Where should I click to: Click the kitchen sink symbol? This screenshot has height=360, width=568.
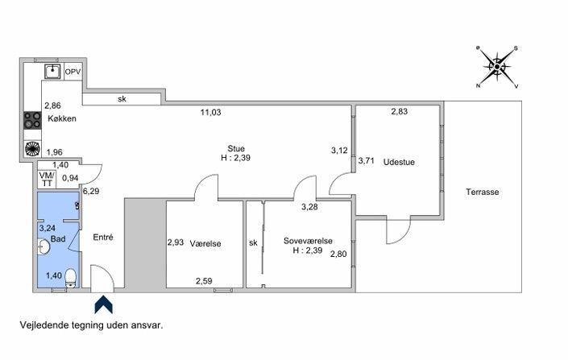pos(52,71)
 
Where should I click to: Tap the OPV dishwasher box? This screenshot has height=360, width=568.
pos(73,72)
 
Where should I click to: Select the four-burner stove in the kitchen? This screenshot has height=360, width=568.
pos(32,120)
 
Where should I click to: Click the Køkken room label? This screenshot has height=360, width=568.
pos(62,118)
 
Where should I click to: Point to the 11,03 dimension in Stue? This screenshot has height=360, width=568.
pos(211,112)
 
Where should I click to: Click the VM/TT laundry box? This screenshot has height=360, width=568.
pos(47,180)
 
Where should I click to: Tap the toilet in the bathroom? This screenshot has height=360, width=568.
pos(71,278)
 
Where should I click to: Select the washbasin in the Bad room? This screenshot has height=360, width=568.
pos(44,247)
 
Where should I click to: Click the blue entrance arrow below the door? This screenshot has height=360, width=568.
pos(104,304)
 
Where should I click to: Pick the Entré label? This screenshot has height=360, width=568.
pos(103,238)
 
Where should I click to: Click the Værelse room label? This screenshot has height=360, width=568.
pos(205,244)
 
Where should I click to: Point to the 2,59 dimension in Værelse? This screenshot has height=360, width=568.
pos(204,281)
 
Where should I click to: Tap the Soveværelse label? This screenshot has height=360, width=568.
pos(308,241)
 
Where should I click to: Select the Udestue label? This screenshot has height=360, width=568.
pos(399,162)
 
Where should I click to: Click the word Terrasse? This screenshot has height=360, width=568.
pos(483,192)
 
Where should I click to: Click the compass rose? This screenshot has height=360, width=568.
pos(497,67)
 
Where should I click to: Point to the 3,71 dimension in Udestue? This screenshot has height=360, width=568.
pos(367,160)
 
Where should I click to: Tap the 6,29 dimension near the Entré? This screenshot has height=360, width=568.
pos(91,191)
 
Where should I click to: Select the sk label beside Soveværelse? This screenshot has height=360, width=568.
pos(253,242)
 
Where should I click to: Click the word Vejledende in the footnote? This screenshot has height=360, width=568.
pos(44,325)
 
